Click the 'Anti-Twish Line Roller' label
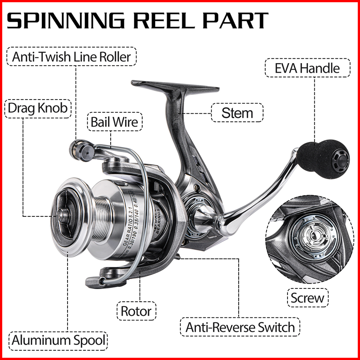72,57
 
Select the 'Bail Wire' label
115,121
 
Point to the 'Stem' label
237,113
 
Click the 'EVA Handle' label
307,68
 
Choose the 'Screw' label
307,298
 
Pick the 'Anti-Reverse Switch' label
240,328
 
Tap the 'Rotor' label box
136,311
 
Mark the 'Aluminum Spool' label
59,341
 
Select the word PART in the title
240,20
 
